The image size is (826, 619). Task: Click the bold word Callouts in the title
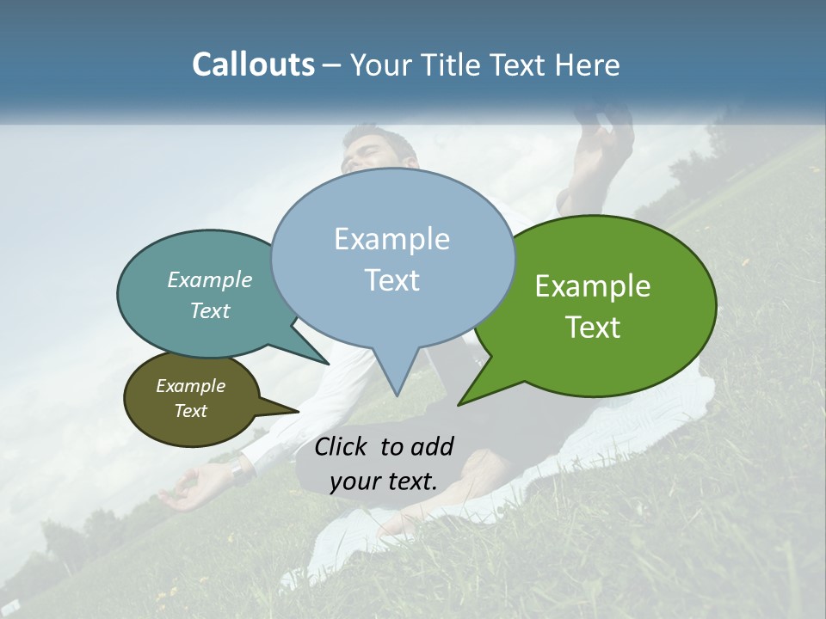pyautogui.click(x=253, y=64)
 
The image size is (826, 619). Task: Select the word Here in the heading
pyautogui.click(x=587, y=64)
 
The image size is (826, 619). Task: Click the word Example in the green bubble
pyautogui.click(x=593, y=286)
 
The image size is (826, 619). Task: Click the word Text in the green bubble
pyautogui.click(x=593, y=328)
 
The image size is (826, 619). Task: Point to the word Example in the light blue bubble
pyautogui.click(x=391, y=239)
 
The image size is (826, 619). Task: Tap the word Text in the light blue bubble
pyautogui.click(x=392, y=280)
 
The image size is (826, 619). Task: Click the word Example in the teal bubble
pyautogui.click(x=210, y=280)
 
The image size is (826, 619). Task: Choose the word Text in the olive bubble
pyautogui.click(x=191, y=411)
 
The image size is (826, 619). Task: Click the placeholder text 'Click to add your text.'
pyautogui.click(x=384, y=463)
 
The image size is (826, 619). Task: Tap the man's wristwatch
pyautogui.click(x=237, y=470)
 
